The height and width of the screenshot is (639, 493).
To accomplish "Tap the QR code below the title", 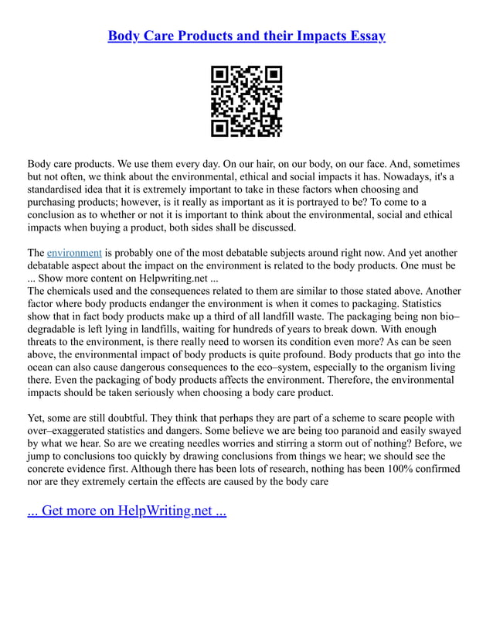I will pos(246,102).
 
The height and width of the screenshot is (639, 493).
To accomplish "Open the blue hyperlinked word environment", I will pos(74,253).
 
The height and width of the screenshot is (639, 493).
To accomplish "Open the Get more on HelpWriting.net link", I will pos(127,511).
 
